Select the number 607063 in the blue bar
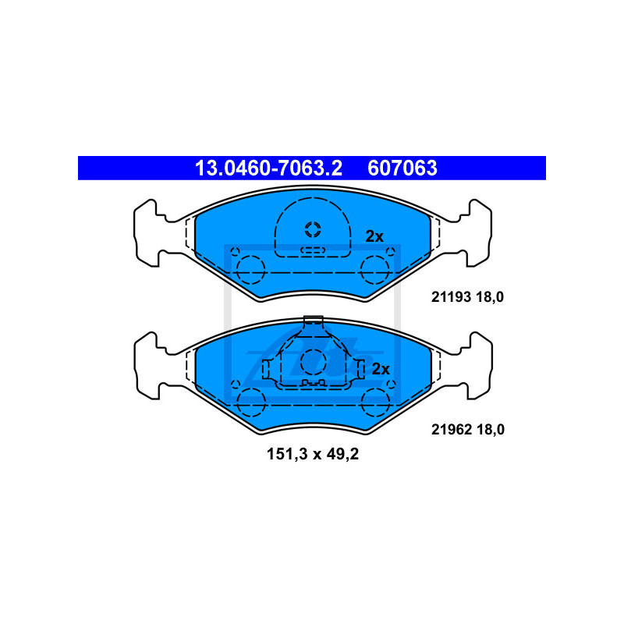(402, 168)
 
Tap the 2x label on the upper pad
(374, 236)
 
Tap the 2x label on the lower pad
(380, 369)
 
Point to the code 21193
(448, 296)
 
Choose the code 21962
(448, 429)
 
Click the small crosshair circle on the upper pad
(313, 229)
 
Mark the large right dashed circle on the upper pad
(376, 269)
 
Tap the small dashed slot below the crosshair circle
(313, 250)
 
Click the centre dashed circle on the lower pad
(313, 360)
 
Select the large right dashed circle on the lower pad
(376, 401)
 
